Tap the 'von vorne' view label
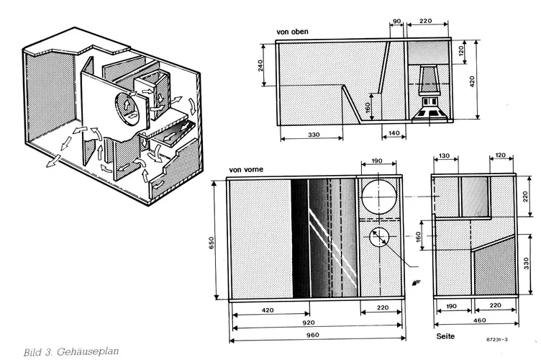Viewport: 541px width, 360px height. click(x=245, y=171)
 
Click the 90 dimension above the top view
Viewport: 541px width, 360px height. click(x=396, y=22)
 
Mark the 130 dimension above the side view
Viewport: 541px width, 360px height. click(x=444, y=156)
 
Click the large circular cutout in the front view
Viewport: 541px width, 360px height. click(x=380, y=197)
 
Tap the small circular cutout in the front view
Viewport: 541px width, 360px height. click(x=380, y=237)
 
